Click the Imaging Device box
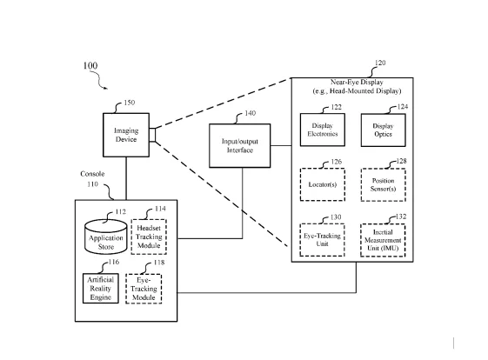coord(126,135)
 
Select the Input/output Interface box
coord(239,145)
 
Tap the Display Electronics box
coord(323,130)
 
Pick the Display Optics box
coord(383,130)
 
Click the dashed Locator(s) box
coord(323,184)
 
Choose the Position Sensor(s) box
coord(383,185)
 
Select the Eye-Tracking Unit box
coord(322,240)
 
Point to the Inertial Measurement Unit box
coord(383,240)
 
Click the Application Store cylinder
coord(106,237)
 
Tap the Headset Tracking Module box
coord(149,237)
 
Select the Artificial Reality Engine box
coord(101,289)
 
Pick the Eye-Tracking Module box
coord(144,289)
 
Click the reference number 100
coord(90,66)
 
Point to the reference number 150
coord(130,103)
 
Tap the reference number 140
coord(251,113)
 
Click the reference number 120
coord(380,63)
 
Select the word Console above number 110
coord(92,174)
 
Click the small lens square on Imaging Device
coord(152,135)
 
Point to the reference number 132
coord(401,217)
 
